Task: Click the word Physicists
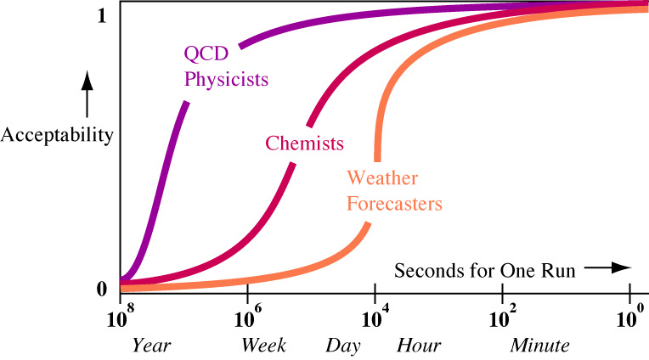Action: point(225,81)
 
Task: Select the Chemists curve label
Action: point(304,143)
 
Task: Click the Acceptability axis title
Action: point(57,135)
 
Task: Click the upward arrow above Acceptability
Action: point(85,95)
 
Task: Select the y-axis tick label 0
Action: point(103,289)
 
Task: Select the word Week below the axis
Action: point(263,346)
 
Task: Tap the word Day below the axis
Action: point(342,346)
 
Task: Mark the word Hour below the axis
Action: point(419,346)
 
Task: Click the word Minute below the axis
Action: point(539,346)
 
